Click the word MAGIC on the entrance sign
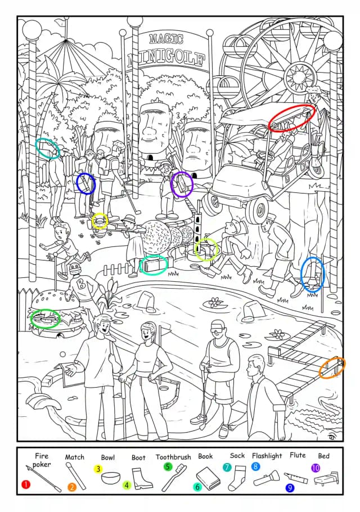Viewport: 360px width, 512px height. [x=166, y=39]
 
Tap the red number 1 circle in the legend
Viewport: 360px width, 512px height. [x=26, y=484]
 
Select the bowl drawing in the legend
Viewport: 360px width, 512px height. [x=111, y=478]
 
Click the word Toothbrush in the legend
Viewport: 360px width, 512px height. [x=173, y=457]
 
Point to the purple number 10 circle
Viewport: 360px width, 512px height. [x=316, y=468]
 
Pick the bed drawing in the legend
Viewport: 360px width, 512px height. [x=326, y=478]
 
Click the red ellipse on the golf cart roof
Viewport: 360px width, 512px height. [x=292, y=118]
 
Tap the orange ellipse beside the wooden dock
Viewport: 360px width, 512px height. [x=332, y=367]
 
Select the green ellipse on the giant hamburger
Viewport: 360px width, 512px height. [x=46, y=318]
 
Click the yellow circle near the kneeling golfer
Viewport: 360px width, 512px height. [x=100, y=221]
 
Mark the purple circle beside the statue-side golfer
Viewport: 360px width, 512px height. [x=182, y=185]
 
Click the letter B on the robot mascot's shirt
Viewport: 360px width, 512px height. [x=80, y=285]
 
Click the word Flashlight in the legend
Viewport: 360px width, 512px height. [x=267, y=456]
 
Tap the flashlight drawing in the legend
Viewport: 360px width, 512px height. [x=266, y=478]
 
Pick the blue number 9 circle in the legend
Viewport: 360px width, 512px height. [x=290, y=488]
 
